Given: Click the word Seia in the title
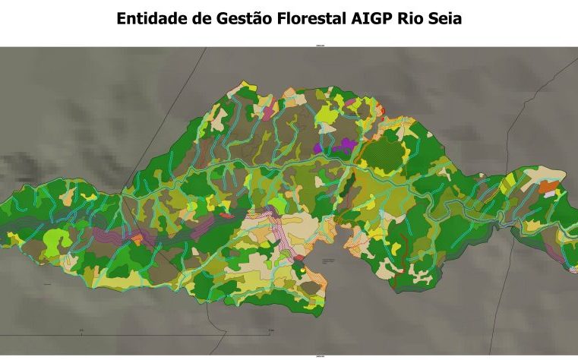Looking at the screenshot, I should [x=443, y=18].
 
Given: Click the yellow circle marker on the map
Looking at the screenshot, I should [x=302, y=268].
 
